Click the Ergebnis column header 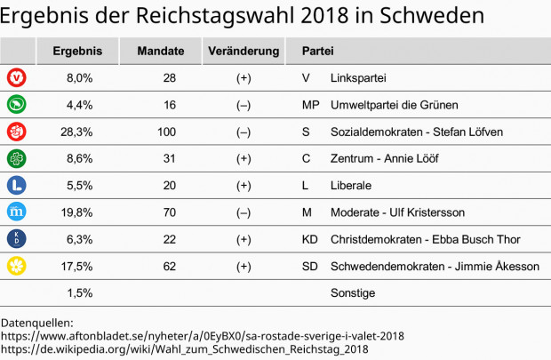point(77,52)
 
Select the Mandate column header point(161,52)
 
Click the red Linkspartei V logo point(16,78)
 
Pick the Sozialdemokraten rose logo point(16,132)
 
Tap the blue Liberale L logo point(16,186)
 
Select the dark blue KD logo point(16,239)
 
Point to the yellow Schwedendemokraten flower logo point(16,266)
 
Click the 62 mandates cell point(169,266)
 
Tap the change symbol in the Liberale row point(244,186)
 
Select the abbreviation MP point(310,105)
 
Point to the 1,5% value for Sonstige point(79,292)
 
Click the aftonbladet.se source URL point(203,336)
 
